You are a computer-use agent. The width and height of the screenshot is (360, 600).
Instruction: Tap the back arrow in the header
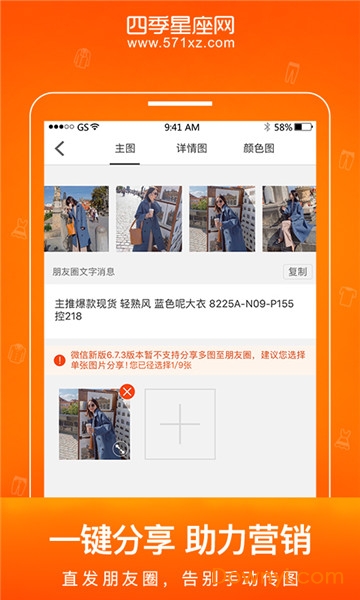click(x=59, y=149)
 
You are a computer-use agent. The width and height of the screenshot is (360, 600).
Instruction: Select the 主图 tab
click(x=125, y=149)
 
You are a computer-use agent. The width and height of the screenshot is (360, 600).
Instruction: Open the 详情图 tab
click(x=192, y=149)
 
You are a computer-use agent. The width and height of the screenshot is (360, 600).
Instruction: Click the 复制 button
click(x=296, y=271)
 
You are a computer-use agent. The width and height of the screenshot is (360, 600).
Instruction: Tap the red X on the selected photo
click(x=126, y=391)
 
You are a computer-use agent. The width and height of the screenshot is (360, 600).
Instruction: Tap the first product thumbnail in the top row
click(x=76, y=218)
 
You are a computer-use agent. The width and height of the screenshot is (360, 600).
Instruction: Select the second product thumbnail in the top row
click(x=149, y=218)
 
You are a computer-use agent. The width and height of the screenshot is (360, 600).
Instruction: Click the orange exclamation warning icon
click(x=60, y=359)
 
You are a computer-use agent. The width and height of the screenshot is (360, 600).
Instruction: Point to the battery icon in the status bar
click(x=304, y=127)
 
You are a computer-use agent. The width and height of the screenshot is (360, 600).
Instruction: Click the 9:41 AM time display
click(x=181, y=127)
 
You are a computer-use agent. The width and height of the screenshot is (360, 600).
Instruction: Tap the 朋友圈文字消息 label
click(x=84, y=271)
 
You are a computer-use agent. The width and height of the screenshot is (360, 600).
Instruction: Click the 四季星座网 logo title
click(x=181, y=22)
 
